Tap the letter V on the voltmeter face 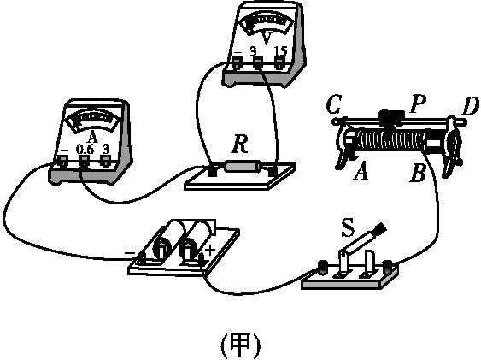click(267, 38)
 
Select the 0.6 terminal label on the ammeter click(84, 150)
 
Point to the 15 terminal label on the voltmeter click(280, 52)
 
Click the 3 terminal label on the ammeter click(105, 150)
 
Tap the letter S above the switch click(347, 228)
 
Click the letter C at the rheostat click(334, 105)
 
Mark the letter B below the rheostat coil click(418, 174)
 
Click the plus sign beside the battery click(209, 250)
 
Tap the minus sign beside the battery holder click(129, 253)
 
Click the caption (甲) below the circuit click(240, 345)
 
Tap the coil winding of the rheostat click(389, 142)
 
